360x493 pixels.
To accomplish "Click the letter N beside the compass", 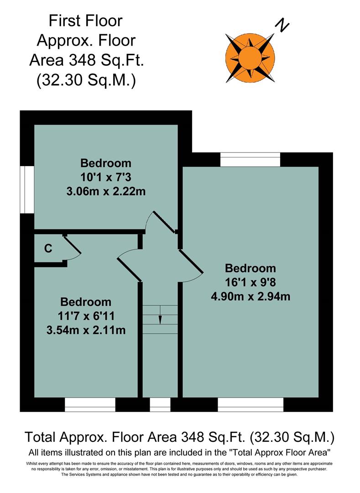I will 283,26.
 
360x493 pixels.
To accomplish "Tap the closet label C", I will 48,249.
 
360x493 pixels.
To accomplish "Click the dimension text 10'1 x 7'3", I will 106,177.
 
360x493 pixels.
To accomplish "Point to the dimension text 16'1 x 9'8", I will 250,282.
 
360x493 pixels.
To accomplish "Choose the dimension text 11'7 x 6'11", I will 86,316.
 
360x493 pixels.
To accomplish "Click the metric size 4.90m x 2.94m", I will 250,297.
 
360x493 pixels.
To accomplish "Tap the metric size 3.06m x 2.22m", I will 106,191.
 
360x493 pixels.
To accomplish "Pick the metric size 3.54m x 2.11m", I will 86,330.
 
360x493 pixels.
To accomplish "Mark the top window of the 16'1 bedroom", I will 250,160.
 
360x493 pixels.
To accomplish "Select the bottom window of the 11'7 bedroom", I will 89,404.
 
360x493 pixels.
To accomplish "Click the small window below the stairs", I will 160,404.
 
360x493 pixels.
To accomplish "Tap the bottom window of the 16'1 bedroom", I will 250,404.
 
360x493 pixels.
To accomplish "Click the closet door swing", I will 72,249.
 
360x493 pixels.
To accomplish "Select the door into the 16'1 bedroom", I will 191,267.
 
